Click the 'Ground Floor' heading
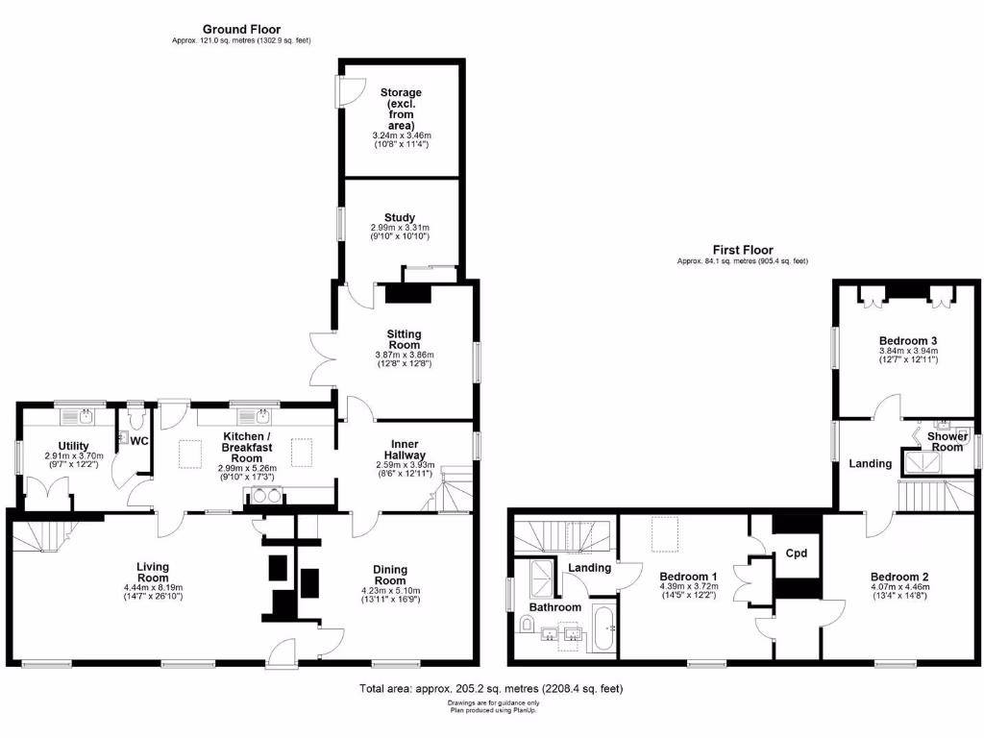(x=241, y=30)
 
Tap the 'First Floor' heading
(x=742, y=250)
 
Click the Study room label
(x=399, y=218)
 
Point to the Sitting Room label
(x=404, y=339)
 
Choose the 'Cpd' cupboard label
(x=796, y=553)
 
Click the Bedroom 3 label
(x=907, y=341)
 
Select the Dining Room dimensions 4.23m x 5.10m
(x=397, y=592)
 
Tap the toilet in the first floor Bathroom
(x=527, y=626)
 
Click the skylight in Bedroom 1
(x=661, y=534)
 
